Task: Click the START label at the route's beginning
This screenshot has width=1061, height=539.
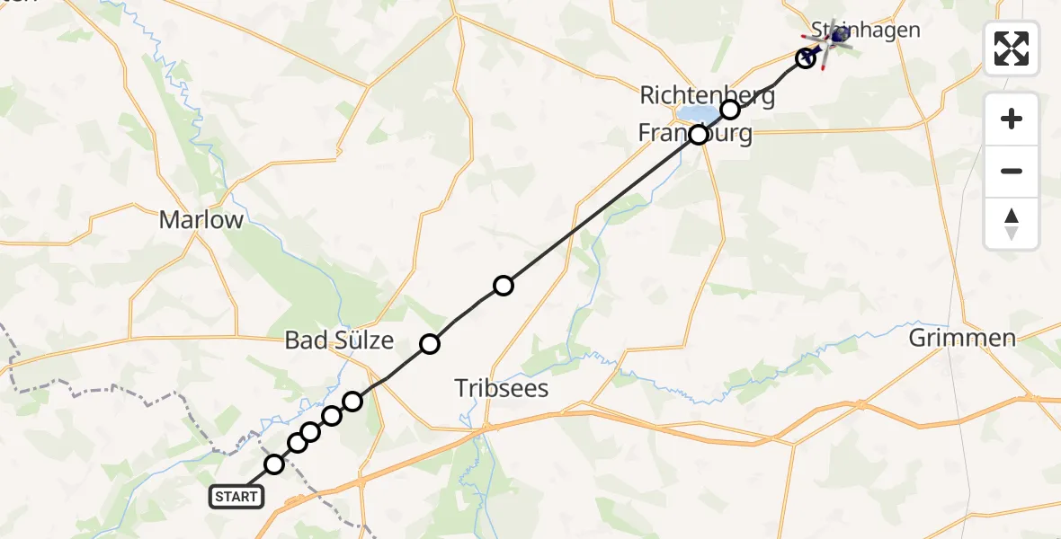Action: pos(236,496)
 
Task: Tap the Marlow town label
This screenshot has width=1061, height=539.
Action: pos(201,220)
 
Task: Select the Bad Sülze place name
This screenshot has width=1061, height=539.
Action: pos(339,340)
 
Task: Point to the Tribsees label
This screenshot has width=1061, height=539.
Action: pos(501,388)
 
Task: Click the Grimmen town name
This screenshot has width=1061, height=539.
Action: pos(962,339)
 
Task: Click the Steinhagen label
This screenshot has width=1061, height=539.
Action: pos(866,30)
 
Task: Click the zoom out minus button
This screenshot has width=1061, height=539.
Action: pos(1012,171)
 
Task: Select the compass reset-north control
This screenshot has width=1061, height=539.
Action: pos(1012,223)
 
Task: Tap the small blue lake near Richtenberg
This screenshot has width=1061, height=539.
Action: pos(695,114)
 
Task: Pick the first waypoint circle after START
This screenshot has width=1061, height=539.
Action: pos(274,464)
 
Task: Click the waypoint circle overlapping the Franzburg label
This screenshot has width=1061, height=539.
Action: pos(699,135)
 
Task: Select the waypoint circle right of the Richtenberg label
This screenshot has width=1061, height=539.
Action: pos(730,110)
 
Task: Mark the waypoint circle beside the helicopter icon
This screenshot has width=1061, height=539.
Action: pos(807,58)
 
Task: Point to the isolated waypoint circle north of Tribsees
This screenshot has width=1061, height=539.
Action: pos(504,286)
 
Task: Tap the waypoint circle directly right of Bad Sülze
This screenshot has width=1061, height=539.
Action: pos(430,343)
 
